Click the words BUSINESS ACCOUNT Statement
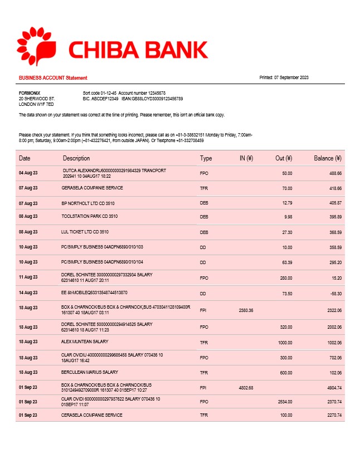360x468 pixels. click(x=53, y=77)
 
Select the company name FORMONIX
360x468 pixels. click(x=30, y=92)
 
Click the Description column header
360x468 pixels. click(x=76, y=159)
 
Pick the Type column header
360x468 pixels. click(x=206, y=159)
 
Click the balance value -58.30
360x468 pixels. click(x=334, y=292)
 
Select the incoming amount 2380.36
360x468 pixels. click(x=246, y=310)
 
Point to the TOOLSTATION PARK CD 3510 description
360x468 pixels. click(x=90, y=216)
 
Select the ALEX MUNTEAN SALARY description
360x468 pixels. click(x=85, y=342)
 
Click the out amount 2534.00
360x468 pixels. click(x=284, y=401)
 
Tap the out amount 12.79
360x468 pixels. click(x=287, y=203)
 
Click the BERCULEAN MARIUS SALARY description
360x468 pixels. click(x=90, y=372)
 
